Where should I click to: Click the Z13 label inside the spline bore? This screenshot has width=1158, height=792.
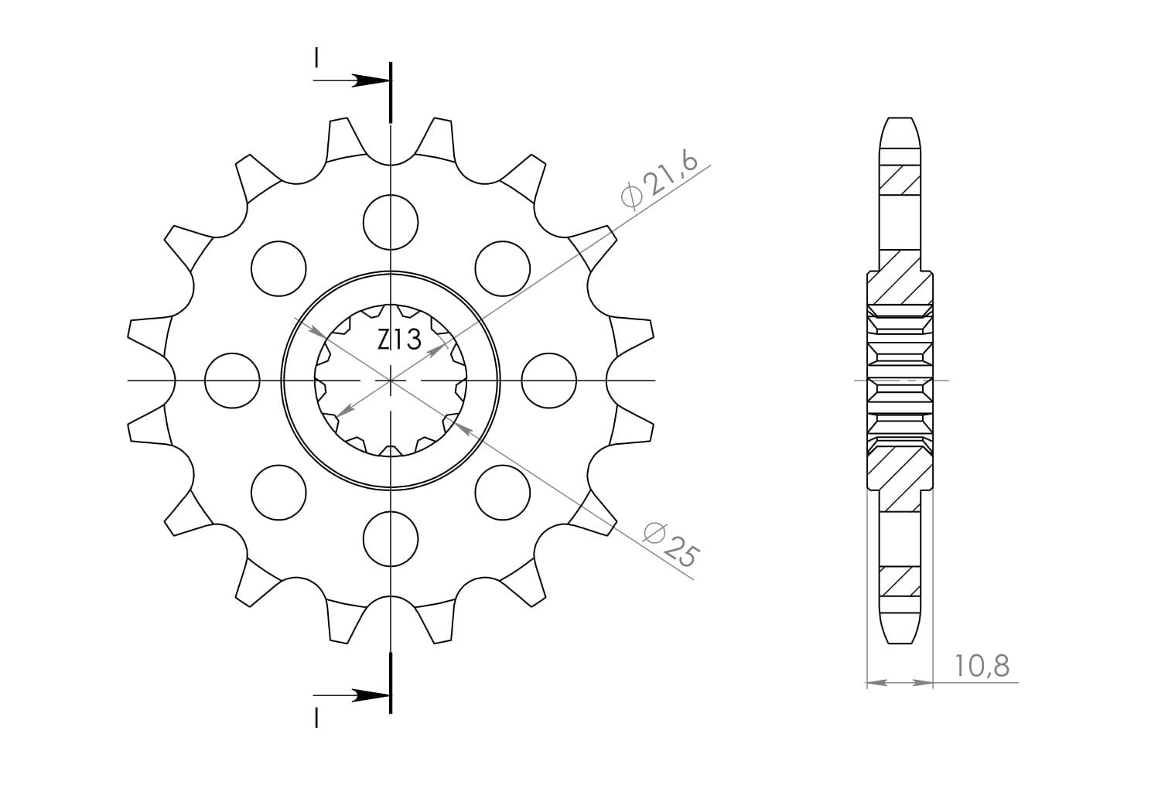399,339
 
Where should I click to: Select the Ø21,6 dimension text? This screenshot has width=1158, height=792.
659,180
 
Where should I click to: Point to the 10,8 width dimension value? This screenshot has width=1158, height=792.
982,665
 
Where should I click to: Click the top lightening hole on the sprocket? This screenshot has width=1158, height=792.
391,222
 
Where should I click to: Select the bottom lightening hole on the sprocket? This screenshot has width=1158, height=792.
391,539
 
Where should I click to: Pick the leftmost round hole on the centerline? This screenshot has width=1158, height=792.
232,381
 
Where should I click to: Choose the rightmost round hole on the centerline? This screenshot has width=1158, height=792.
549,381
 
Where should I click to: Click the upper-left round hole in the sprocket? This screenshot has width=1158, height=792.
278,268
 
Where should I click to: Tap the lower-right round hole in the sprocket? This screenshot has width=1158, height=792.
503,493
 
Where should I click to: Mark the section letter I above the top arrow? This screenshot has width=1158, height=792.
316,57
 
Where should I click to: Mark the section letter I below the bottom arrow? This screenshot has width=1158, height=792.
316,719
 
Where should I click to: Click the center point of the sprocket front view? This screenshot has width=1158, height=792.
391,381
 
